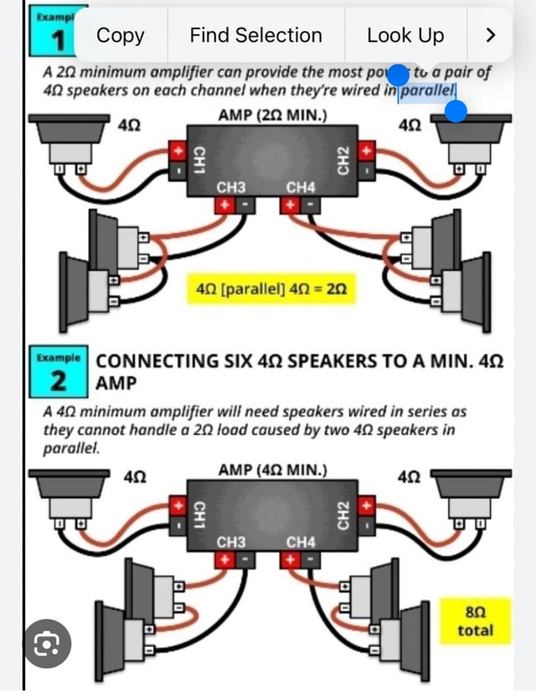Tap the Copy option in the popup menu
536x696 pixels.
[121, 35]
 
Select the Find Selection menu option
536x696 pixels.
[255, 35]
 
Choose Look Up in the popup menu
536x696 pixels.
[405, 35]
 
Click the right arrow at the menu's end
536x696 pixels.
[491, 35]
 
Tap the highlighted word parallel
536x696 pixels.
[427, 90]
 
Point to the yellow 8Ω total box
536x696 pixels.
[475, 621]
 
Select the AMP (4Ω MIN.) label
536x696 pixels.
[272, 470]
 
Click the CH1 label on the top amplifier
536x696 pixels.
[199, 159]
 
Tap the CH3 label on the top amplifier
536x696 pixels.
[231, 187]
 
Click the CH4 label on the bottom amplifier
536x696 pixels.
[301, 542]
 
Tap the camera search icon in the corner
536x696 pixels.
[47, 643]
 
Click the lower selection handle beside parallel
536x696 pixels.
[455, 111]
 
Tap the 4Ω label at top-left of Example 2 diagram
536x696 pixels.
[135, 477]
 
